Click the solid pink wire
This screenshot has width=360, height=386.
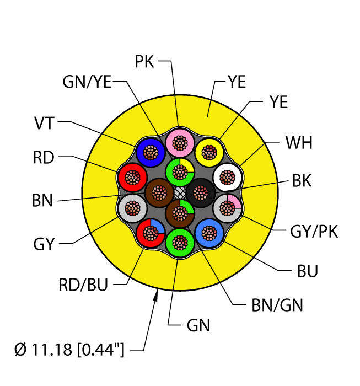pos(180,143)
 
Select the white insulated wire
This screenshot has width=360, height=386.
pos(227,177)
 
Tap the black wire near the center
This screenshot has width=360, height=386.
pos(201,193)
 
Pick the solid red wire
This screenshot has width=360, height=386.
pos(132,177)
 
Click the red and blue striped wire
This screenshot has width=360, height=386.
pos(151,233)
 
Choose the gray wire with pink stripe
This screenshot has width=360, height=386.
pos(227,208)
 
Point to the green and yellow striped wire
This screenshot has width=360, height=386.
pos(180,172)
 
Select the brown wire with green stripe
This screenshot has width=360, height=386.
pos(180,213)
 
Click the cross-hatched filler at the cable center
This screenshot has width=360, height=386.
pos(180,193)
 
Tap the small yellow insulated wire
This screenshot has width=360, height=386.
pos(209,152)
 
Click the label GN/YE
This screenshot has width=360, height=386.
pos(87,82)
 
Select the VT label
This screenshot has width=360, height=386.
pos(44,123)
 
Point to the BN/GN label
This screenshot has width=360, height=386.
pos(277,305)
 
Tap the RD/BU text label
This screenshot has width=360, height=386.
pos(83,285)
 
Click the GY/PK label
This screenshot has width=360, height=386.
pos(314,232)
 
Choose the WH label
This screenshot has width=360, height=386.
pos(299,143)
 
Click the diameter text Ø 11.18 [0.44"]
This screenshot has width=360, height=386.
pos(69,350)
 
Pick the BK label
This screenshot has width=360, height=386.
pos(302,181)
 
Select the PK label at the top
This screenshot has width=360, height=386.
pos(144,61)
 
